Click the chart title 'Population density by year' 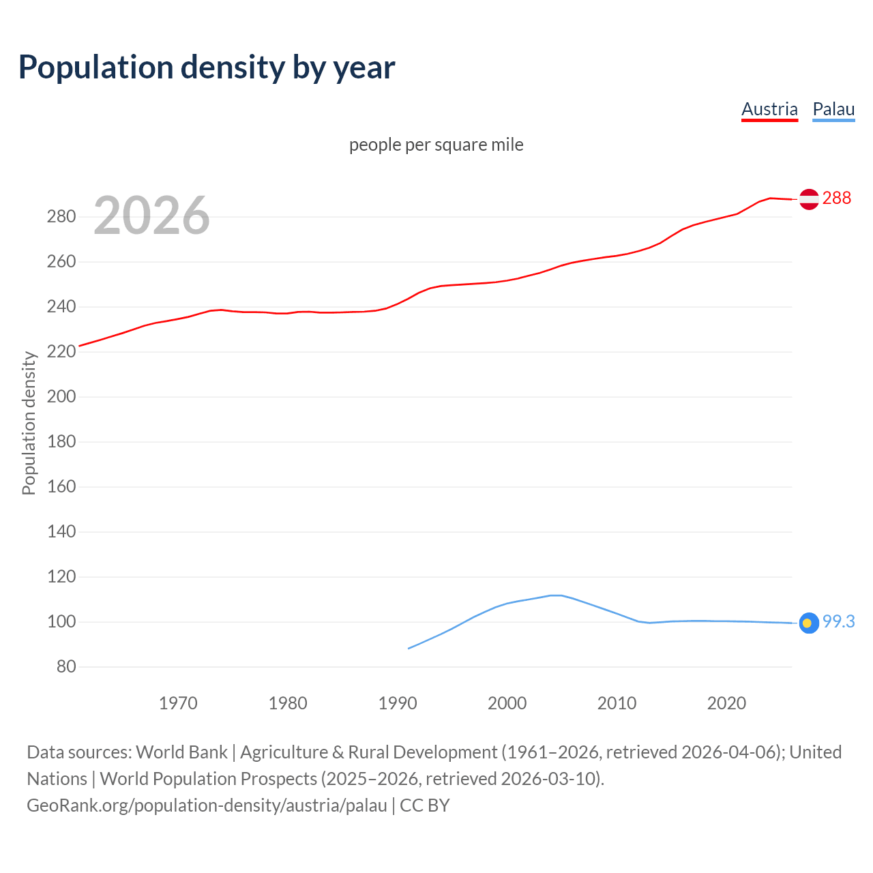pos(207,68)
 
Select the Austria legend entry pos(769,109)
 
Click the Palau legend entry pos(833,109)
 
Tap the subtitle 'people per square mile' pos(436,145)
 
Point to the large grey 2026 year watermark pos(151,216)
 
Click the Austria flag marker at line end pos(809,199)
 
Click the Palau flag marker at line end pos(809,623)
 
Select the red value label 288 pos(837,198)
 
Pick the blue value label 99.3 pos(838,621)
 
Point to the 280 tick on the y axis pos(61,217)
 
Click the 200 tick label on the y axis pos(61,397)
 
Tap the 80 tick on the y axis pos(65,666)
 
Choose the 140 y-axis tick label pos(61,531)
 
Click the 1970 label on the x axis pos(178,703)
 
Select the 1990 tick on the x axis pos(398,703)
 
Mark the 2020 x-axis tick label pos(726,703)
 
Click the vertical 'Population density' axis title pos(29,423)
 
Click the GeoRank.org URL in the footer pos(207,805)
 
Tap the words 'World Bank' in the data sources pos(181,752)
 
